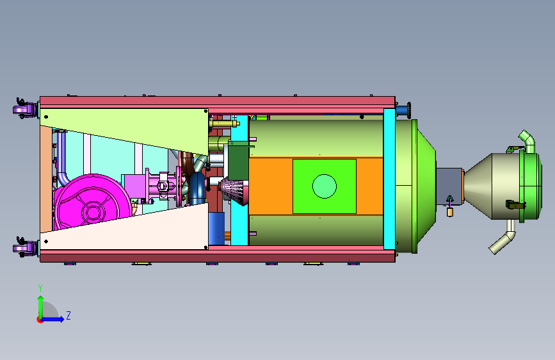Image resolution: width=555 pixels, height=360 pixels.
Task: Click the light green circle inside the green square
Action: pos(324,186)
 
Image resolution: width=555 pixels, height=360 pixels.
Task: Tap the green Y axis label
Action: pos(40,288)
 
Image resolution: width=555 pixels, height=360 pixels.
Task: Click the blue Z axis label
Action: pos(68,315)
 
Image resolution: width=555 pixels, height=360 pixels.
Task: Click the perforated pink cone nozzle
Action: pos(234,192)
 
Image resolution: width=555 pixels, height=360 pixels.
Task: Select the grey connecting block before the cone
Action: pos(449,186)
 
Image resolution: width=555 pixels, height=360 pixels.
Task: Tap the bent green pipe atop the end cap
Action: pos(527,142)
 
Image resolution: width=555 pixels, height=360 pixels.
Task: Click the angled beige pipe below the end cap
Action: pos(503,238)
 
